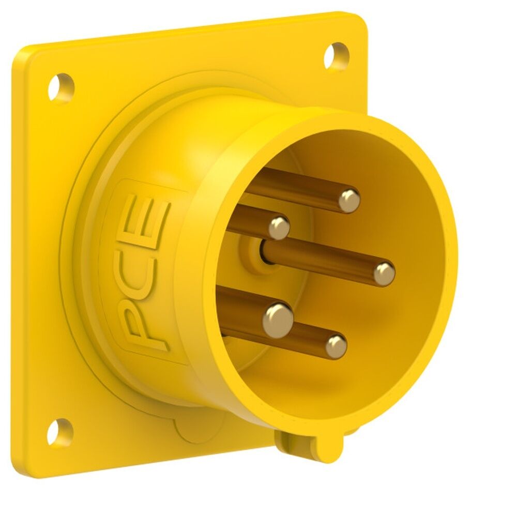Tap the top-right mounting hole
(x=337, y=55)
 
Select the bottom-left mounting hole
(x=60, y=432)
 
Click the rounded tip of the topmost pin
(x=349, y=201)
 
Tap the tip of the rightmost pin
(x=384, y=273)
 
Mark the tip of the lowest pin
(x=336, y=346)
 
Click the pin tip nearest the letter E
(x=279, y=227)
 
